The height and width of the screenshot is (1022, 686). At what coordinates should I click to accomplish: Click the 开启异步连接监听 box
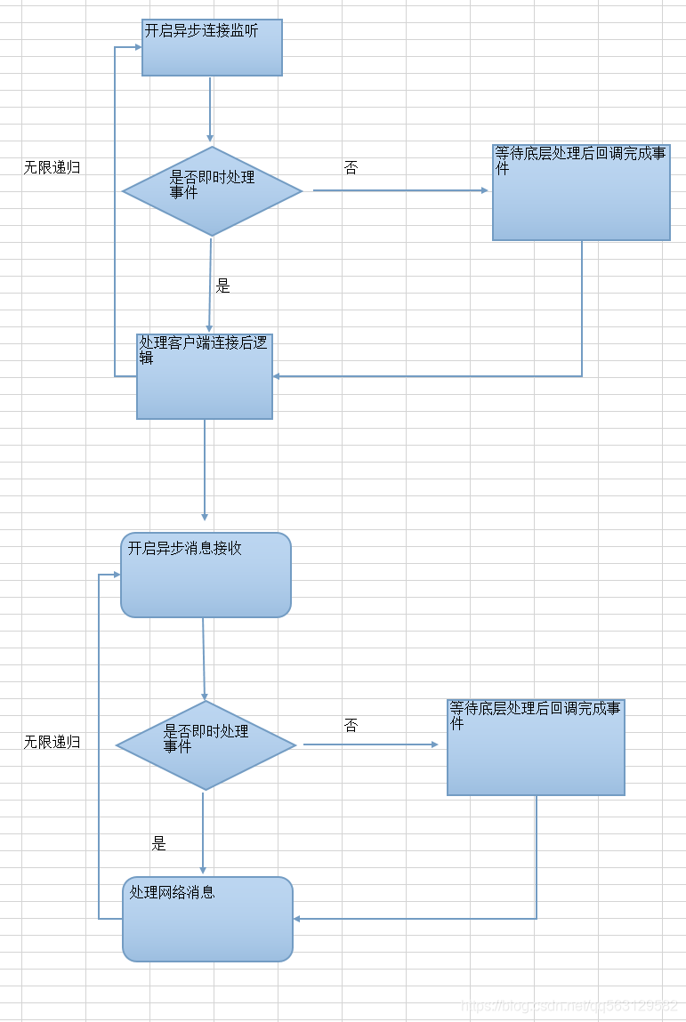(212, 47)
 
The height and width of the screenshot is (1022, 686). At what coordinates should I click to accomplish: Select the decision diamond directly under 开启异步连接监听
(212, 191)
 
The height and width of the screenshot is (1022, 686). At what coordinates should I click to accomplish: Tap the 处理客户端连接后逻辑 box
(205, 376)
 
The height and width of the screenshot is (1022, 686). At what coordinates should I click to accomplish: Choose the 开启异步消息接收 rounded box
(206, 575)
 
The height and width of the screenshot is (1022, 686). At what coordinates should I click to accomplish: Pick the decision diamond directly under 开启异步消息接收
(206, 745)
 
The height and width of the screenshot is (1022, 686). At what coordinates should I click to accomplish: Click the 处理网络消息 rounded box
(207, 919)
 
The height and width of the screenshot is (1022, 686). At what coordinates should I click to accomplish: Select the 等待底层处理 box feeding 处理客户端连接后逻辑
(581, 192)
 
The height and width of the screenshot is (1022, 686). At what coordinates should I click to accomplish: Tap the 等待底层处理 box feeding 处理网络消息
(536, 747)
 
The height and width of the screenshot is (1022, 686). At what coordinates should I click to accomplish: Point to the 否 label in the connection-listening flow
(351, 167)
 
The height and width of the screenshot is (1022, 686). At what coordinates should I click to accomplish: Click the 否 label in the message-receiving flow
(351, 726)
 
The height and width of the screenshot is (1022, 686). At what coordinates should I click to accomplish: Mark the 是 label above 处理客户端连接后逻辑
(222, 286)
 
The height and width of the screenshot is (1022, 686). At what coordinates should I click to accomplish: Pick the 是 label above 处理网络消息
(158, 844)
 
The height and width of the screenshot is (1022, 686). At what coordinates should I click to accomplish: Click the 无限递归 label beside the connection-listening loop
(52, 167)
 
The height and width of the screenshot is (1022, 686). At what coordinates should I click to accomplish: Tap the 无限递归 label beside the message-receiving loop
(52, 742)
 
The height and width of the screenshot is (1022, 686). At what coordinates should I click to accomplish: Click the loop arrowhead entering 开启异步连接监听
(137, 47)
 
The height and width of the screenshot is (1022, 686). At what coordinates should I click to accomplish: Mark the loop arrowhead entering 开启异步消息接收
(116, 575)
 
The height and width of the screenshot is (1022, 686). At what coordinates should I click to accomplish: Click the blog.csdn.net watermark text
(569, 1005)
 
